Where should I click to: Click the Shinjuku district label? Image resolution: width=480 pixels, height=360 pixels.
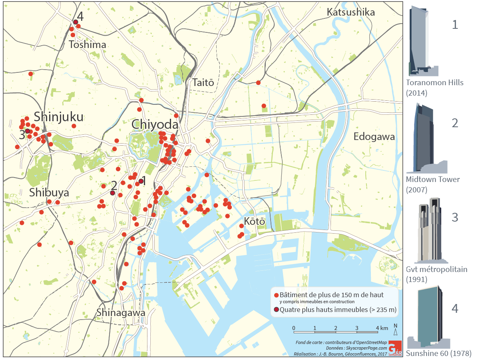pos(59,117)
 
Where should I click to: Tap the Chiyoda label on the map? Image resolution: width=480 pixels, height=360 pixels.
pos(155,125)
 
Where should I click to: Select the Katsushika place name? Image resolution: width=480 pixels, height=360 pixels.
pos(351,12)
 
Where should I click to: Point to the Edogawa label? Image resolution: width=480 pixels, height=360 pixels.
pos(374,137)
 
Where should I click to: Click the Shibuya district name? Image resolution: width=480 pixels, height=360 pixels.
pos(49,193)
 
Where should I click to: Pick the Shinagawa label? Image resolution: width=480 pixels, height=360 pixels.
pos(121,312)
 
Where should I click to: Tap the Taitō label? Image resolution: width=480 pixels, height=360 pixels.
pos(203,83)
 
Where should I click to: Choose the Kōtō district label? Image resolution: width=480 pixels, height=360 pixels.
pos(255,221)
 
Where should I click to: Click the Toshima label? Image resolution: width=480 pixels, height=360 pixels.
pos(88,45)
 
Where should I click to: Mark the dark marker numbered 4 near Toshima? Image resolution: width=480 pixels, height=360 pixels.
pos(75,22)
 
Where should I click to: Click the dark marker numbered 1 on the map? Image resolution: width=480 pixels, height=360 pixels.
pos(141,181)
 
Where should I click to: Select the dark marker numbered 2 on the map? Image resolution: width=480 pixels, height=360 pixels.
pos(112,193)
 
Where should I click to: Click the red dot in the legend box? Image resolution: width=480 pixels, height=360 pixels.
pos(276,295)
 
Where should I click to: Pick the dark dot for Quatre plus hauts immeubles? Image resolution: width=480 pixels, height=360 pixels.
pos(276,310)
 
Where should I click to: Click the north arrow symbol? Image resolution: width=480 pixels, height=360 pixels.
pos(395,331)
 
